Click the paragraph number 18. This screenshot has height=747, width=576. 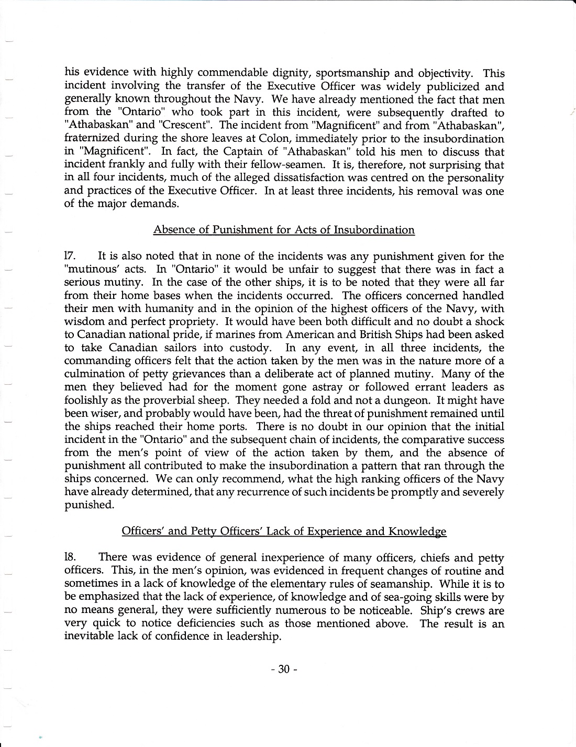[x=71, y=558]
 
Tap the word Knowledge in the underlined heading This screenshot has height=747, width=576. [x=417, y=531]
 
